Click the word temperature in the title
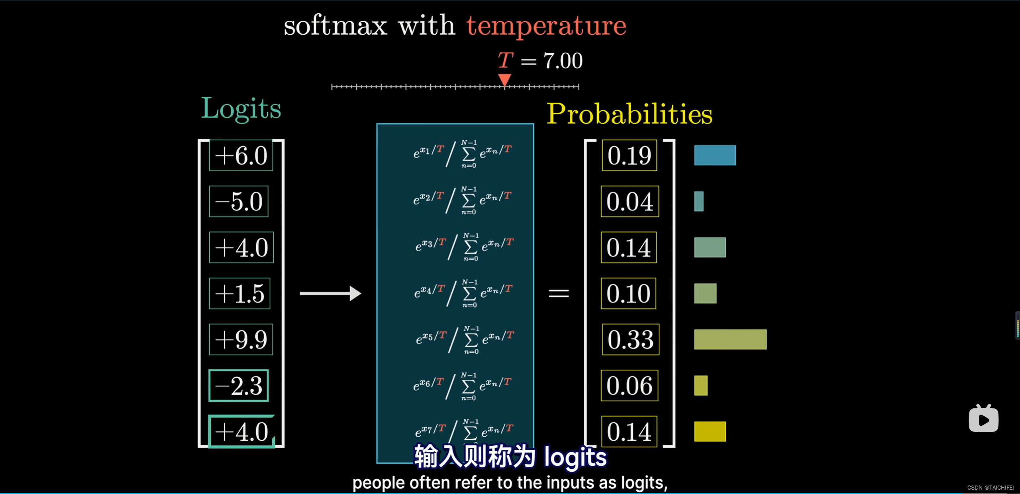pyautogui.click(x=546, y=26)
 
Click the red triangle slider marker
pyautogui.click(x=505, y=80)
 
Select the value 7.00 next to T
pyautogui.click(x=563, y=61)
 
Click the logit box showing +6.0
pyautogui.click(x=241, y=155)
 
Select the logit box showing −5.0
pyautogui.click(x=239, y=202)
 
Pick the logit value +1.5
pyautogui.click(x=239, y=294)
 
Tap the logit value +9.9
pyautogui.click(x=241, y=340)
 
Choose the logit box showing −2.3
pyautogui.click(x=239, y=386)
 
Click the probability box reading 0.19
pyautogui.click(x=630, y=155)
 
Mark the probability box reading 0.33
pyautogui.click(x=631, y=340)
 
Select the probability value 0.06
pyautogui.click(x=630, y=386)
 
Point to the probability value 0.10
pyautogui.click(x=628, y=294)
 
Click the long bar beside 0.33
pyautogui.click(x=730, y=339)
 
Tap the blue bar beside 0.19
pyautogui.click(x=715, y=155)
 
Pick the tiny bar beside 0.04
pyautogui.click(x=699, y=202)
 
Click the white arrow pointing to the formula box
pyautogui.click(x=330, y=294)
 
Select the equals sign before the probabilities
pyautogui.click(x=559, y=294)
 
